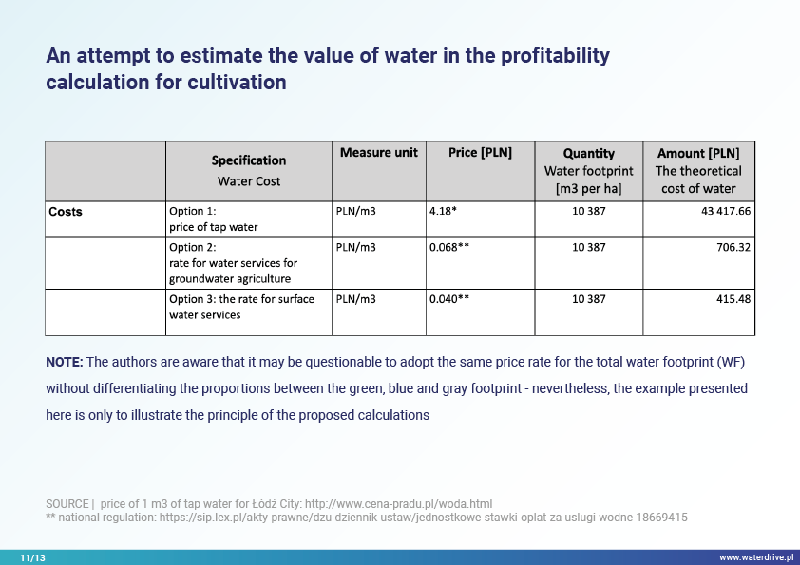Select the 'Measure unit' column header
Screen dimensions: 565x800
click(379, 153)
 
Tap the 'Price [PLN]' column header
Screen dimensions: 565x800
click(480, 153)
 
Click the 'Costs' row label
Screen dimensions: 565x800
click(66, 212)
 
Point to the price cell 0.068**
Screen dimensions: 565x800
click(449, 247)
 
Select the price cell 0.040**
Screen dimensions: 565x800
click(449, 298)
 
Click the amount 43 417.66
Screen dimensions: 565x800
click(726, 211)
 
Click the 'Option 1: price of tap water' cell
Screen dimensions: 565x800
click(214, 218)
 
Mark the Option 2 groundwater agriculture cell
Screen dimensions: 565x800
click(233, 263)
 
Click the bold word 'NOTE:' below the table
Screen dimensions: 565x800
click(65, 362)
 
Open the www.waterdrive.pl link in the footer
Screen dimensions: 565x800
click(756, 557)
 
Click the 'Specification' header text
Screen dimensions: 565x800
click(249, 160)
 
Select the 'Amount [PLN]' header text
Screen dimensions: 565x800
click(698, 153)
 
